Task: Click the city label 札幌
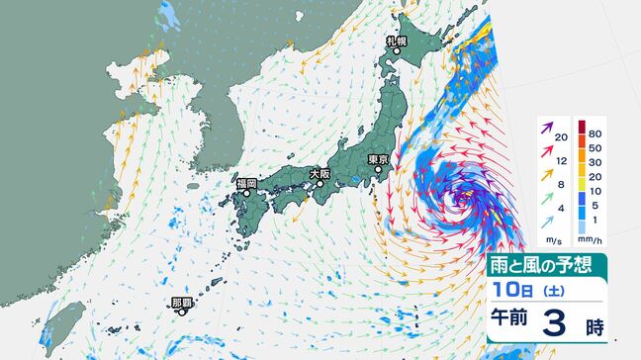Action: [397, 42]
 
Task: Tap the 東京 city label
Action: [376, 159]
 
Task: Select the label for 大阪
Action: [319, 173]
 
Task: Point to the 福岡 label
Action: [246, 183]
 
